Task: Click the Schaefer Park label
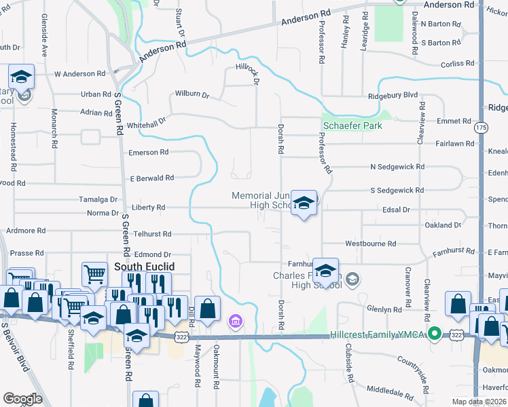(352, 125)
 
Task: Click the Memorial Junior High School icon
(304, 203)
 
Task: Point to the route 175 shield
(482, 127)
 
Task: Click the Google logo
(22, 399)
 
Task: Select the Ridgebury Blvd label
(393, 96)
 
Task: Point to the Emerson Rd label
(148, 153)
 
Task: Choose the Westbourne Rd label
(370, 244)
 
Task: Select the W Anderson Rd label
(80, 74)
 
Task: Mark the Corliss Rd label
(457, 63)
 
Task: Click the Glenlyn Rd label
(384, 309)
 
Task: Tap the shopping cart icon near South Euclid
(94, 275)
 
